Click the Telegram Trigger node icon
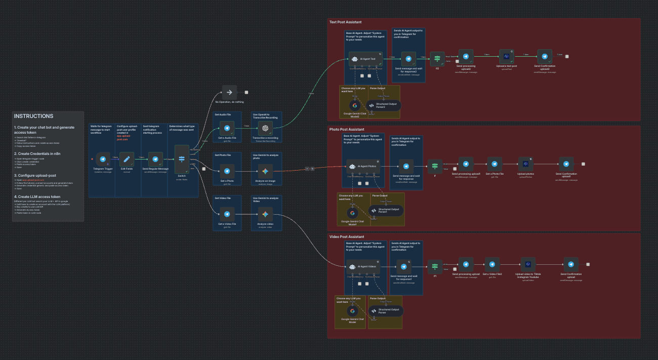[x=103, y=159]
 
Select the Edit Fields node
[x=127, y=159]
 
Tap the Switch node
[x=182, y=159]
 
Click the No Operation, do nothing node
[x=229, y=92]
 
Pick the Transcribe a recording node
[x=265, y=128]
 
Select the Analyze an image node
[x=265, y=171]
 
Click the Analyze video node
[x=265, y=215]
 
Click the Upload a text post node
[x=507, y=57]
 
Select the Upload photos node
[x=525, y=165]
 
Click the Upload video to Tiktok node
[x=528, y=264]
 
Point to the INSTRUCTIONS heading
[x=33, y=116]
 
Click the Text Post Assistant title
[x=346, y=22]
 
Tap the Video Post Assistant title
[x=347, y=236]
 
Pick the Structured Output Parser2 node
[x=384, y=105]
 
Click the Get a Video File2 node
[x=492, y=264]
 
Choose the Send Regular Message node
[x=155, y=159]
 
